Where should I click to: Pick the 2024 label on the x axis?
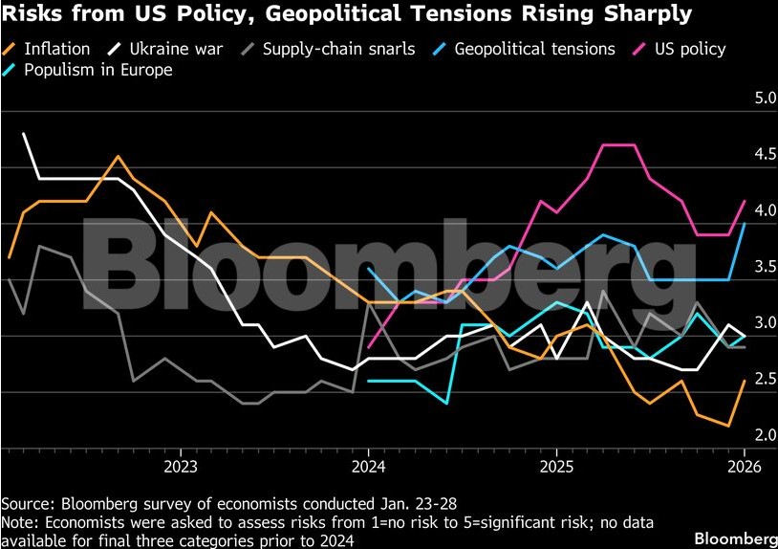[x=368, y=467]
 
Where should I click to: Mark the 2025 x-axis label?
[x=556, y=467]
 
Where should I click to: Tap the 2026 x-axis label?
[x=745, y=467]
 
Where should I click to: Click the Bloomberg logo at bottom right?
[x=734, y=538]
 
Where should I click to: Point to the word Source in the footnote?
[x=26, y=503]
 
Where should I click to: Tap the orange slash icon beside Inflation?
[x=10, y=49]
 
